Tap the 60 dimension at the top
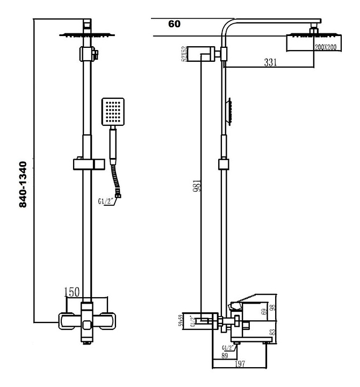point(174,24)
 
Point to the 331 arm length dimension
point(270,62)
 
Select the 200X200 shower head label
point(325,47)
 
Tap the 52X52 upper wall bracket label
point(184,54)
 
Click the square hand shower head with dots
point(113,112)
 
